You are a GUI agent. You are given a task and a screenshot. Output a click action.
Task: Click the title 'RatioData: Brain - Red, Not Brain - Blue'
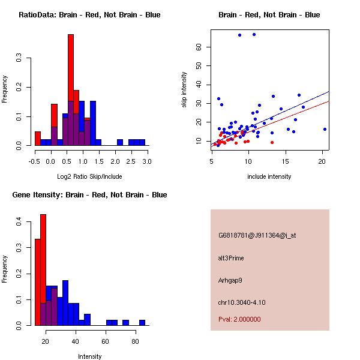pyautogui.click(x=89, y=15)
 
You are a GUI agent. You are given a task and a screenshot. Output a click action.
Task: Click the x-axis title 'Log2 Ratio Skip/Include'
pyautogui.click(x=89, y=176)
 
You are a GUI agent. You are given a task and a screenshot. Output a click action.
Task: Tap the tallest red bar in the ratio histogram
pyautogui.click(x=71, y=90)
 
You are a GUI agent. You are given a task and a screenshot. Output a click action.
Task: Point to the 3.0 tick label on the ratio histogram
pyautogui.click(x=147, y=161)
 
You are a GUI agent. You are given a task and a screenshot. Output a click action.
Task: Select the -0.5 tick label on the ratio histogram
pyautogui.click(x=34, y=161)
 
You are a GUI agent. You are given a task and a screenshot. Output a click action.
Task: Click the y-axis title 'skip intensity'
pyautogui.click(x=185, y=90)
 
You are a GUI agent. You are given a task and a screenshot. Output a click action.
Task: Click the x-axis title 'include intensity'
pyautogui.click(x=269, y=176)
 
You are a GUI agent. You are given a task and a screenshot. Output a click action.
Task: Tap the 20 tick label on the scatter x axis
pyautogui.click(x=322, y=161)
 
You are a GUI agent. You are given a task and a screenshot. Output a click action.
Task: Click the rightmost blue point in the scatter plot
pyautogui.click(x=325, y=129)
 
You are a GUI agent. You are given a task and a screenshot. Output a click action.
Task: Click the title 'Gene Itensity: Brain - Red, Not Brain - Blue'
pyautogui.click(x=89, y=195)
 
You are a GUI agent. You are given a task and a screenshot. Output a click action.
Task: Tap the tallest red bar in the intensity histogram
pyautogui.click(x=43, y=270)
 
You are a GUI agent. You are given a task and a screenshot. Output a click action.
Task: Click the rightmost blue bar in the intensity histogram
pyautogui.click(x=142, y=323)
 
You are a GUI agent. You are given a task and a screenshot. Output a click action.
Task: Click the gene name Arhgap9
pyautogui.click(x=230, y=280)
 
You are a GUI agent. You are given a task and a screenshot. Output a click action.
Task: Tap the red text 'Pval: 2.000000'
pyautogui.click(x=239, y=319)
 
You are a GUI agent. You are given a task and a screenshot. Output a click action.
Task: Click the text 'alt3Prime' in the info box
pyautogui.click(x=231, y=258)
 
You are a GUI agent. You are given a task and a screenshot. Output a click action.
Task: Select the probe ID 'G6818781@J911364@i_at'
pyautogui.click(x=257, y=235)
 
